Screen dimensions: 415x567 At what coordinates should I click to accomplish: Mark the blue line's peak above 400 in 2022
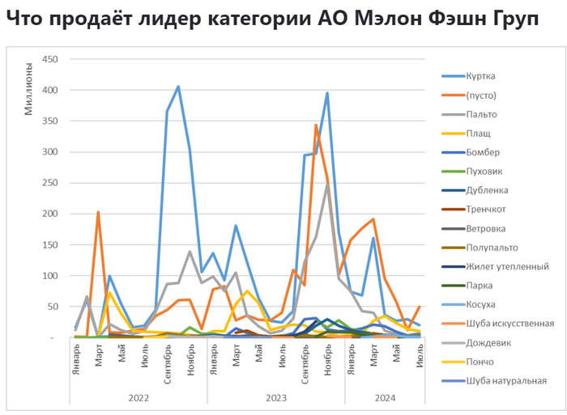coord(178,87)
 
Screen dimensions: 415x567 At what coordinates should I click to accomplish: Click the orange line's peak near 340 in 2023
coord(316,125)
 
